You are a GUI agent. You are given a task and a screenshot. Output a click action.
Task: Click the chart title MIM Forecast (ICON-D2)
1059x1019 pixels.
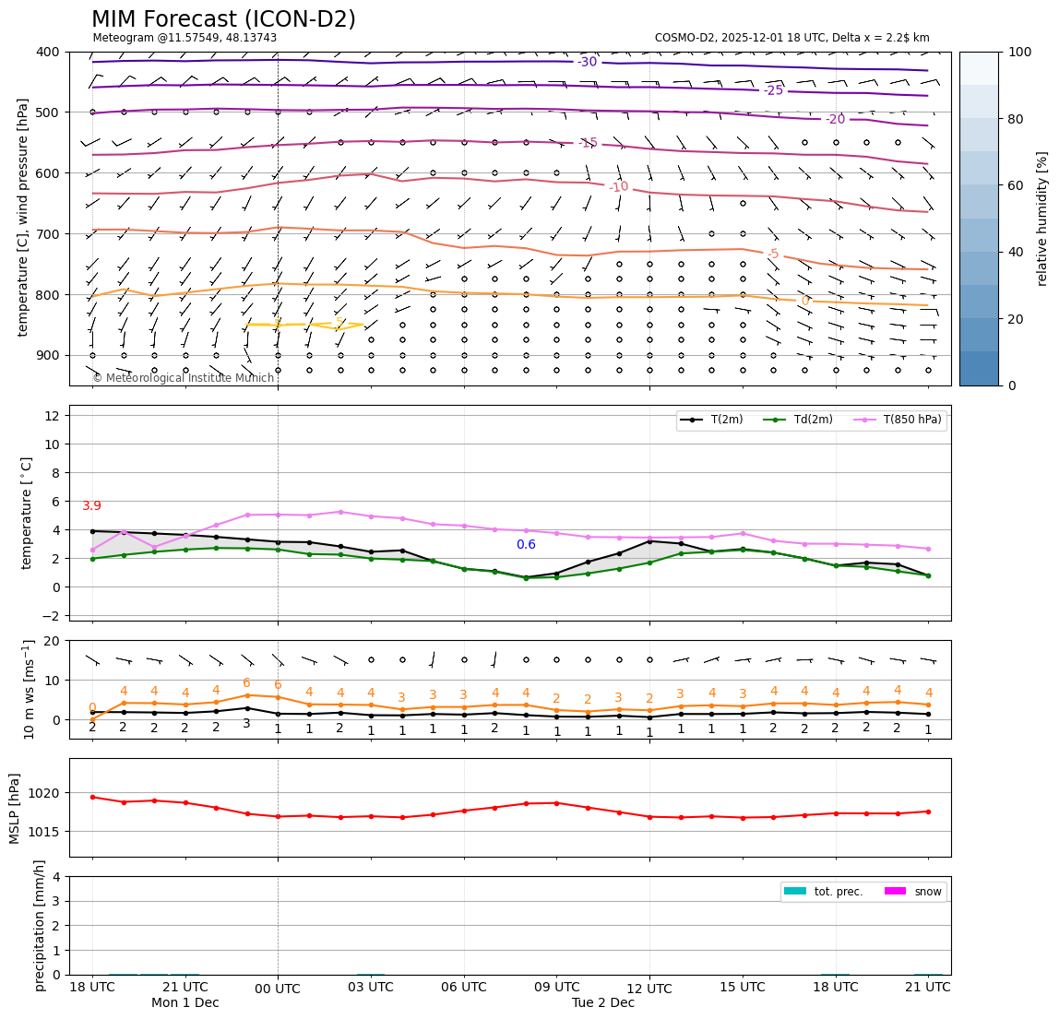pyautogui.click(x=223, y=19)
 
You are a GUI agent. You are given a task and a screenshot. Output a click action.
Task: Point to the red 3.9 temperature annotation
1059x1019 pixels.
pyautogui.click(x=91, y=506)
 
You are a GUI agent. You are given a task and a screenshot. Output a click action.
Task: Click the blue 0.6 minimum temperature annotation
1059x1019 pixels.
pyautogui.click(x=526, y=545)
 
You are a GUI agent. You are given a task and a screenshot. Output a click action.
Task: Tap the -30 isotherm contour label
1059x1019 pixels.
pyautogui.click(x=587, y=62)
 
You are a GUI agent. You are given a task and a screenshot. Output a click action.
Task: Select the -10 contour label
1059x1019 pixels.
pyautogui.click(x=618, y=187)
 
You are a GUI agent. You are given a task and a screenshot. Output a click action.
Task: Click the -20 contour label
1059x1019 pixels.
pyautogui.click(x=835, y=120)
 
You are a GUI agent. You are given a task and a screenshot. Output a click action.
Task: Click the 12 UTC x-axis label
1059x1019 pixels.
pyautogui.click(x=649, y=989)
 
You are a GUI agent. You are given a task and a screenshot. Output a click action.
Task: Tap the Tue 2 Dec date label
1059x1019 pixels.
pyautogui.click(x=603, y=1003)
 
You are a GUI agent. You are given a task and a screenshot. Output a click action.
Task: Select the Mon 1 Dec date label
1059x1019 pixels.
pyautogui.click(x=185, y=1003)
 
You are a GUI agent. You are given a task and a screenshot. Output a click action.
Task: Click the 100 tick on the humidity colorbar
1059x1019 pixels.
pyautogui.click(x=1020, y=52)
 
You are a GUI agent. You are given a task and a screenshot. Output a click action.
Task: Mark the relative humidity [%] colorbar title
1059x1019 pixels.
pyautogui.click(x=1042, y=219)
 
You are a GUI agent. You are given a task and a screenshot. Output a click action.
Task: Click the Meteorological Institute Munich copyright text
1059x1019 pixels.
pyautogui.click(x=183, y=378)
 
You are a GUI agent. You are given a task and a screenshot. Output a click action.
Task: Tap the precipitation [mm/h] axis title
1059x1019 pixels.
pyautogui.click(x=40, y=925)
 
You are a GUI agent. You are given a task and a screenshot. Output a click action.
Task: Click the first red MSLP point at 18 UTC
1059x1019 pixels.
pyautogui.click(x=92, y=797)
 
